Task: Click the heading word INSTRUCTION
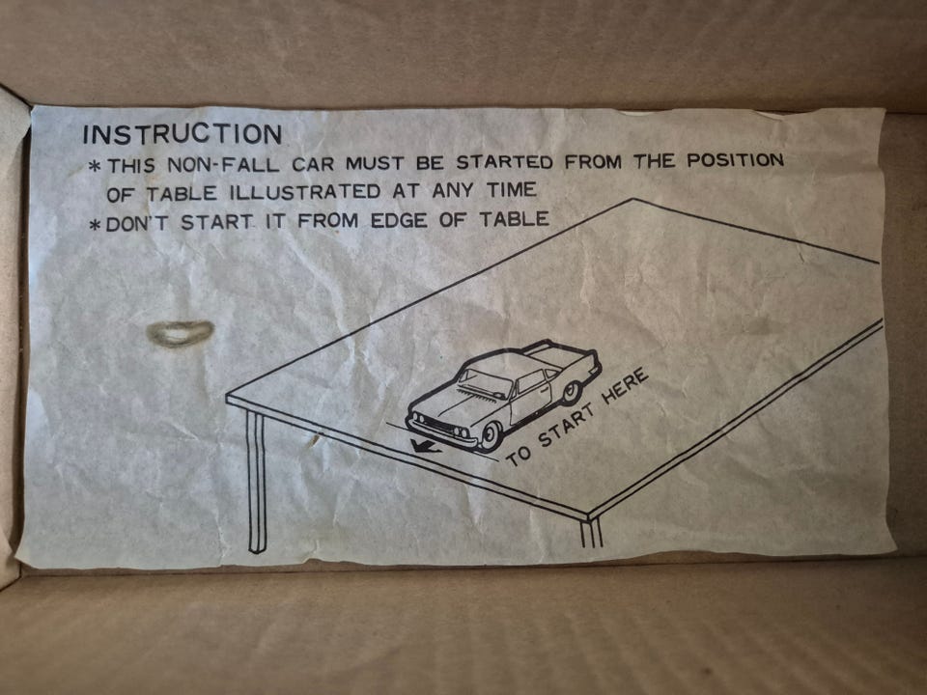pyautogui.click(x=183, y=134)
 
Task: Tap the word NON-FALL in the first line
pyautogui.click(x=223, y=164)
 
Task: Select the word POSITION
pyautogui.click(x=735, y=160)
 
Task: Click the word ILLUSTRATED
pyautogui.click(x=304, y=192)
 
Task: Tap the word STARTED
pyautogui.click(x=504, y=162)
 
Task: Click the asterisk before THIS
pyautogui.click(x=94, y=165)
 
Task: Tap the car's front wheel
pyautogui.click(x=491, y=436)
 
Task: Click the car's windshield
pyautogui.click(x=486, y=379)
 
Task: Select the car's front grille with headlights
pyautogui.click(x=440, y=427)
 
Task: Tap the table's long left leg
pyautogui.click(x=256, y=482)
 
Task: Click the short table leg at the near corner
pyautogui.click(x=591, y=533)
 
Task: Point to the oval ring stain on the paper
pyautogui.click(x=180, y=333)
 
